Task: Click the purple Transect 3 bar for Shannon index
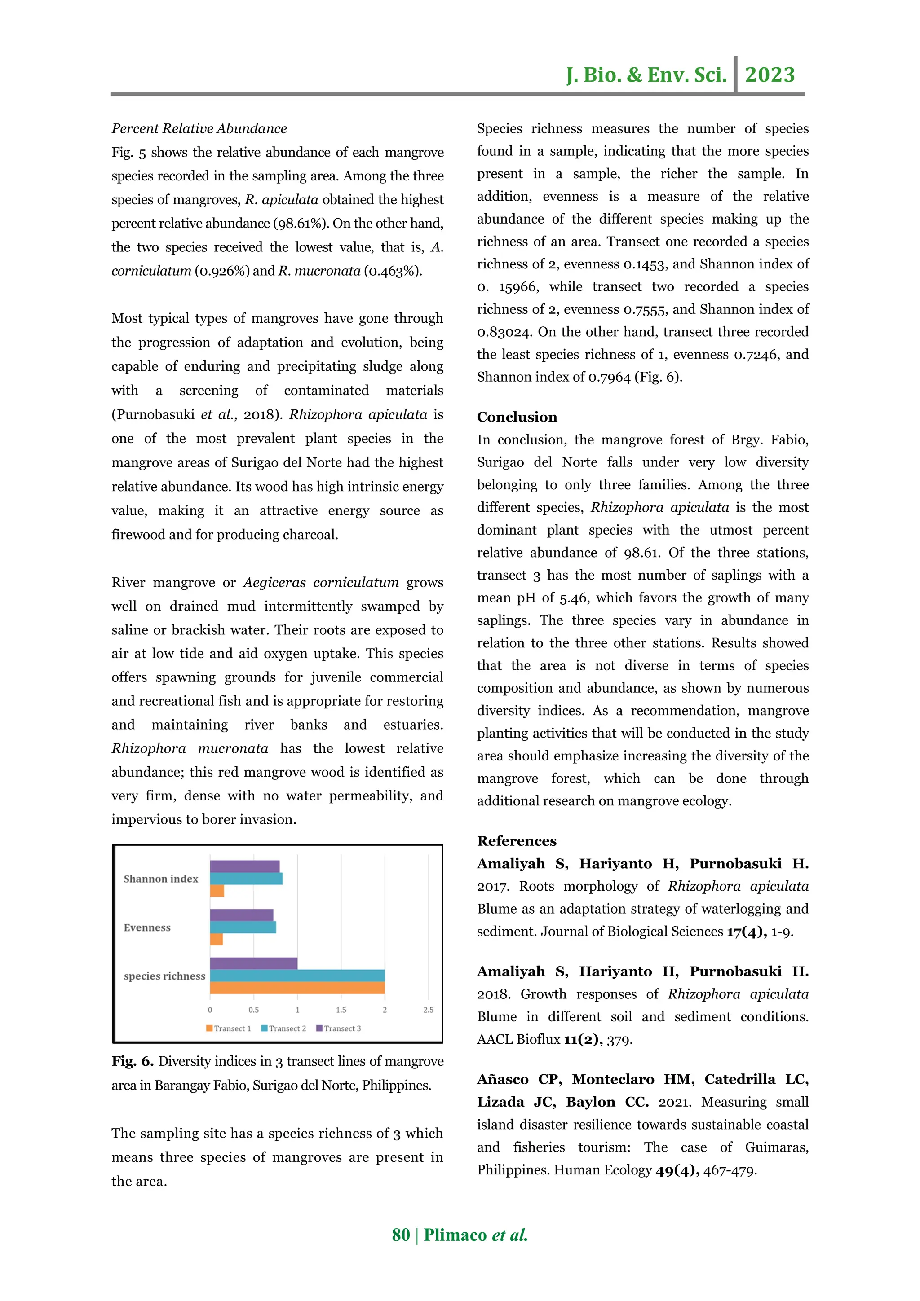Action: [244, 866]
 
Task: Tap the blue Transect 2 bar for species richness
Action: [297, 975]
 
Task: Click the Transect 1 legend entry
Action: [228, 1028]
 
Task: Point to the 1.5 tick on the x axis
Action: [341, 1010]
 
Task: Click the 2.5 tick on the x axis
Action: [428, 1010]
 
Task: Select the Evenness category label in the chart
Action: [147, 927]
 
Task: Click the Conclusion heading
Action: [517, 417]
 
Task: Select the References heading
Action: [517, 841]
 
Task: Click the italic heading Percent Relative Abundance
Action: [199, 129]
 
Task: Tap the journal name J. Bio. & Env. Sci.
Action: [646, 75]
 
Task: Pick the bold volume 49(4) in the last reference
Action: [677, 1170]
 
